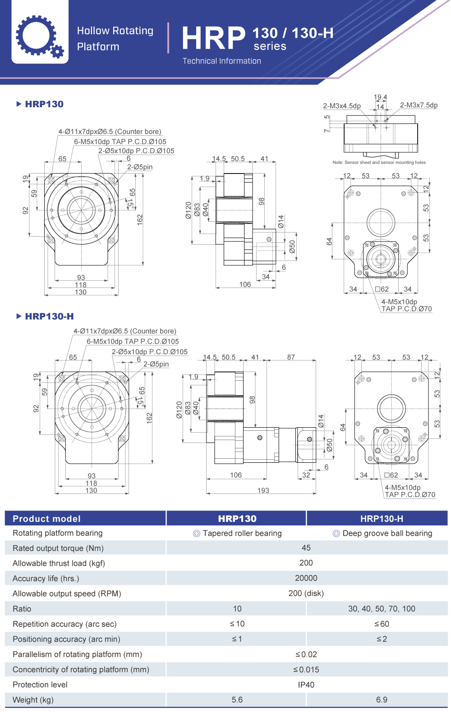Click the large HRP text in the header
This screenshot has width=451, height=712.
click(x=214, y=38)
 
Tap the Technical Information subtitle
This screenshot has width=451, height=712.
click(x=221, y=61)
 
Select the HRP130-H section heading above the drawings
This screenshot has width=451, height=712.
click(x=49, y=316)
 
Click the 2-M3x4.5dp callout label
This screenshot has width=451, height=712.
click(x=342, y=106)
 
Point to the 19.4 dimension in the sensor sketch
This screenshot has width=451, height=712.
click(x=380, y=97)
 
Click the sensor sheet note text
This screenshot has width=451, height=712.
click(x=379, y=162)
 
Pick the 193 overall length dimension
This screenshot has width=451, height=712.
click(x=263, y=490)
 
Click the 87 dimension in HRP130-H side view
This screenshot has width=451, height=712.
click(x=291, y=357)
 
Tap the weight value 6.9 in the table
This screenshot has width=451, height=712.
click(x=382, y=700)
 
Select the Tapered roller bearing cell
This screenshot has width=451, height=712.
click(x=237, y=533)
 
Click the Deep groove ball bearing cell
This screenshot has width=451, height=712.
click(x=382, y=533)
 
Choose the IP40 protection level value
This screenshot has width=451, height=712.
click(x=306, y=685)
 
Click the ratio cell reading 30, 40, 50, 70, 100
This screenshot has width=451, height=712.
click(x=382, y=609)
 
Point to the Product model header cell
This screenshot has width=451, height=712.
click(x=46, y=519)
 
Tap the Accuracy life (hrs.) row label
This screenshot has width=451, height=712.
click(x=46, y=579)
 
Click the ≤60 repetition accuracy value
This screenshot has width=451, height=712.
click(x=382, y=624)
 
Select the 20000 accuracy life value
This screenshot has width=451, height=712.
click(x=306, y=578)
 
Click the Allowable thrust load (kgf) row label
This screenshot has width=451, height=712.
click(x=59, y=563)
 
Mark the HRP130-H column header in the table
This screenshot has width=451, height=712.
click(x=382, y=519)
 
